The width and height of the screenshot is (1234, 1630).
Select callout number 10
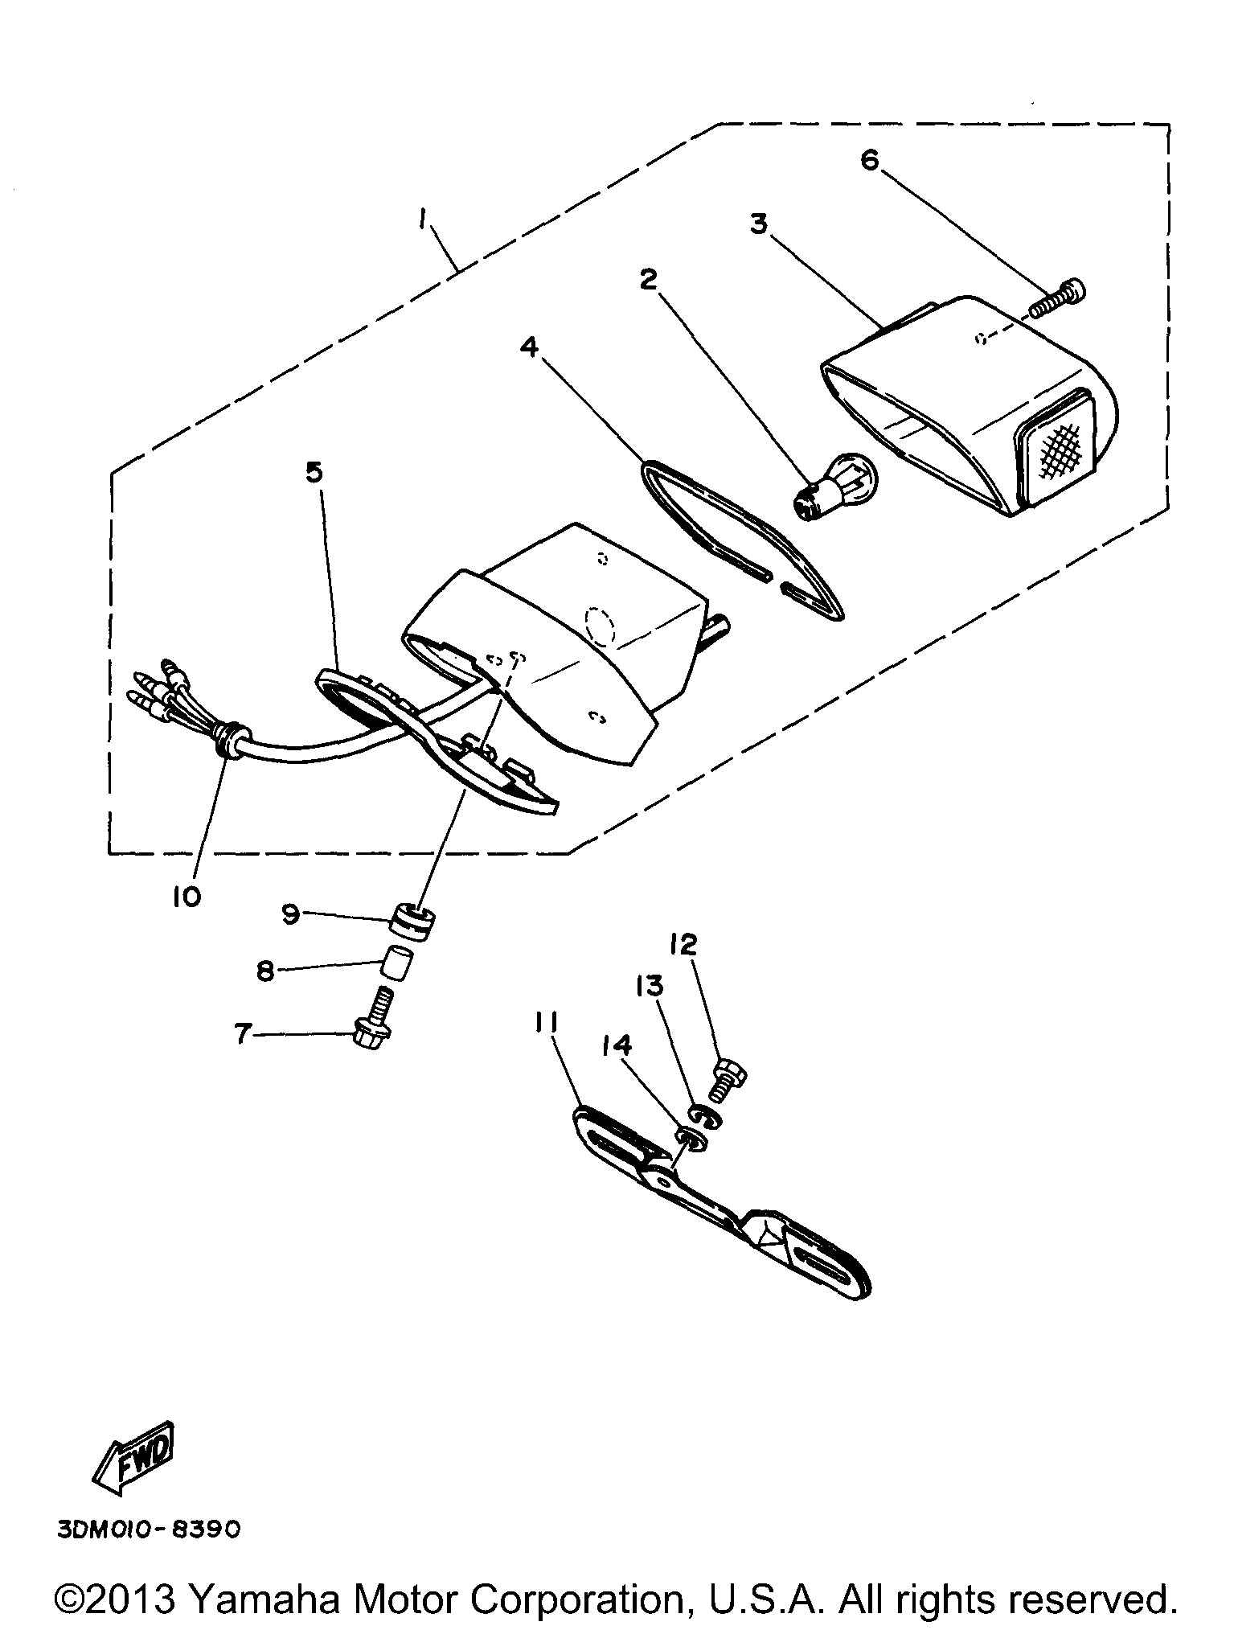[186, 897]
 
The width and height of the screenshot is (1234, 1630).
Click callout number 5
[314, 472]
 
